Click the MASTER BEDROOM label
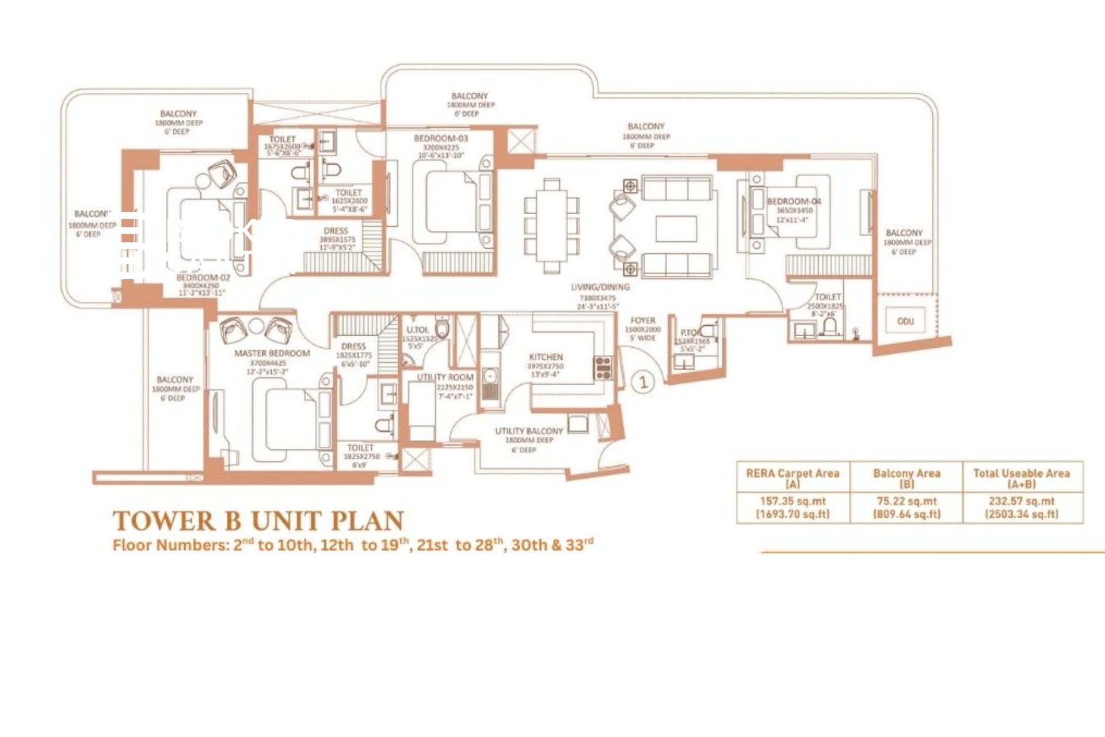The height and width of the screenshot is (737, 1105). click(272, 353)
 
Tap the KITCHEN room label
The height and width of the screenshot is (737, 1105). click(546, 357)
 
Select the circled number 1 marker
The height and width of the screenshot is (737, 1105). click(643, 382)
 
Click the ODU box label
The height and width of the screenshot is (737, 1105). click(905, 321)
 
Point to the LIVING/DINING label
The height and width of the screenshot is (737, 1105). click(600, 287)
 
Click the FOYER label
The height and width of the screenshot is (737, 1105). click(643, 320)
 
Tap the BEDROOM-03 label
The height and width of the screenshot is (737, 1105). click(441, 139)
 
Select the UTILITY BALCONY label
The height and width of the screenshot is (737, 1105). click(529, 431)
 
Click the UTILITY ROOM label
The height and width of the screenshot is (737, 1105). click(445, 377)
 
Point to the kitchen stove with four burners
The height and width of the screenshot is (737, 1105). click(603, 368)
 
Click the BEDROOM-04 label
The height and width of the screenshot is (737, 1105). click(794, 202)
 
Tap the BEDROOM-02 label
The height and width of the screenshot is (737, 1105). click(203, 278)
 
